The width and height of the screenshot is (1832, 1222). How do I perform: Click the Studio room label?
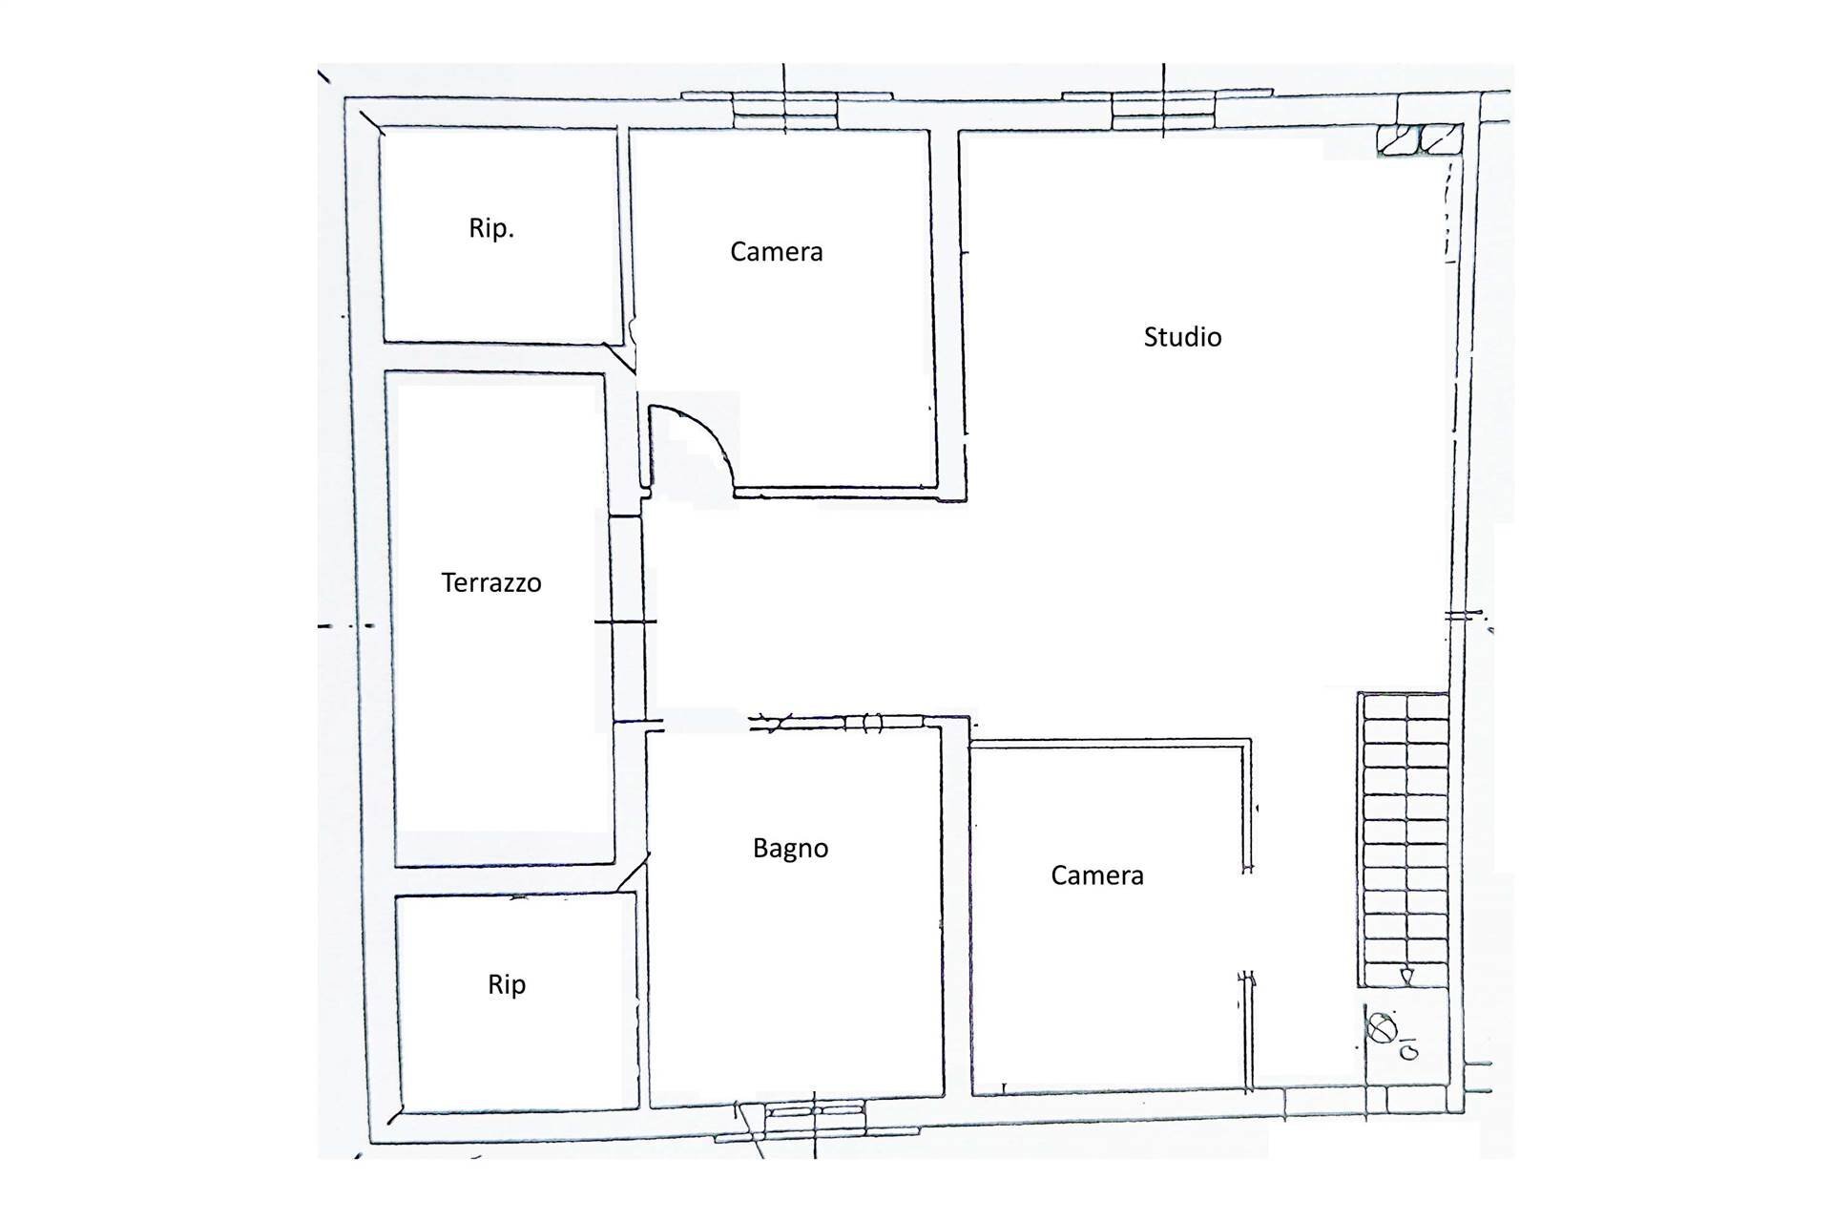click(1182, 337)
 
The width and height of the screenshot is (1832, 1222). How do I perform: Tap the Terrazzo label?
click(491, 582)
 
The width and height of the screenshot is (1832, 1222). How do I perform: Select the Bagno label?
click(790, 849)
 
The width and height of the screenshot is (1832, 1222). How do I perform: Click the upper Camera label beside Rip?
click(776, 251)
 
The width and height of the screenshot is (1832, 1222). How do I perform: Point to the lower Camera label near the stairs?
click(1096, 875)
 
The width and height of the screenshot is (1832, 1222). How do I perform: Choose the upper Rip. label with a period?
click(491, 229)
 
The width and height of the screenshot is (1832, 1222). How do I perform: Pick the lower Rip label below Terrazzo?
click(507, 985)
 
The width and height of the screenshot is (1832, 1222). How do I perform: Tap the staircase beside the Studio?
click(1404, 840)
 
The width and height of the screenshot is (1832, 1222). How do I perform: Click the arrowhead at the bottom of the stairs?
click(1406, 976)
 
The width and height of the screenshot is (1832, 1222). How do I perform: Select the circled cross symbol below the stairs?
click(1380, 1027)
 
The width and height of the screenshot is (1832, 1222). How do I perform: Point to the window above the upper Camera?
click(784, 110)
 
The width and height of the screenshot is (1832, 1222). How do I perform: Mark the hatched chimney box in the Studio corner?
click(1420, 139)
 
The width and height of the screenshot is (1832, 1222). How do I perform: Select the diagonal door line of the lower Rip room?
click(633, 873)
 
